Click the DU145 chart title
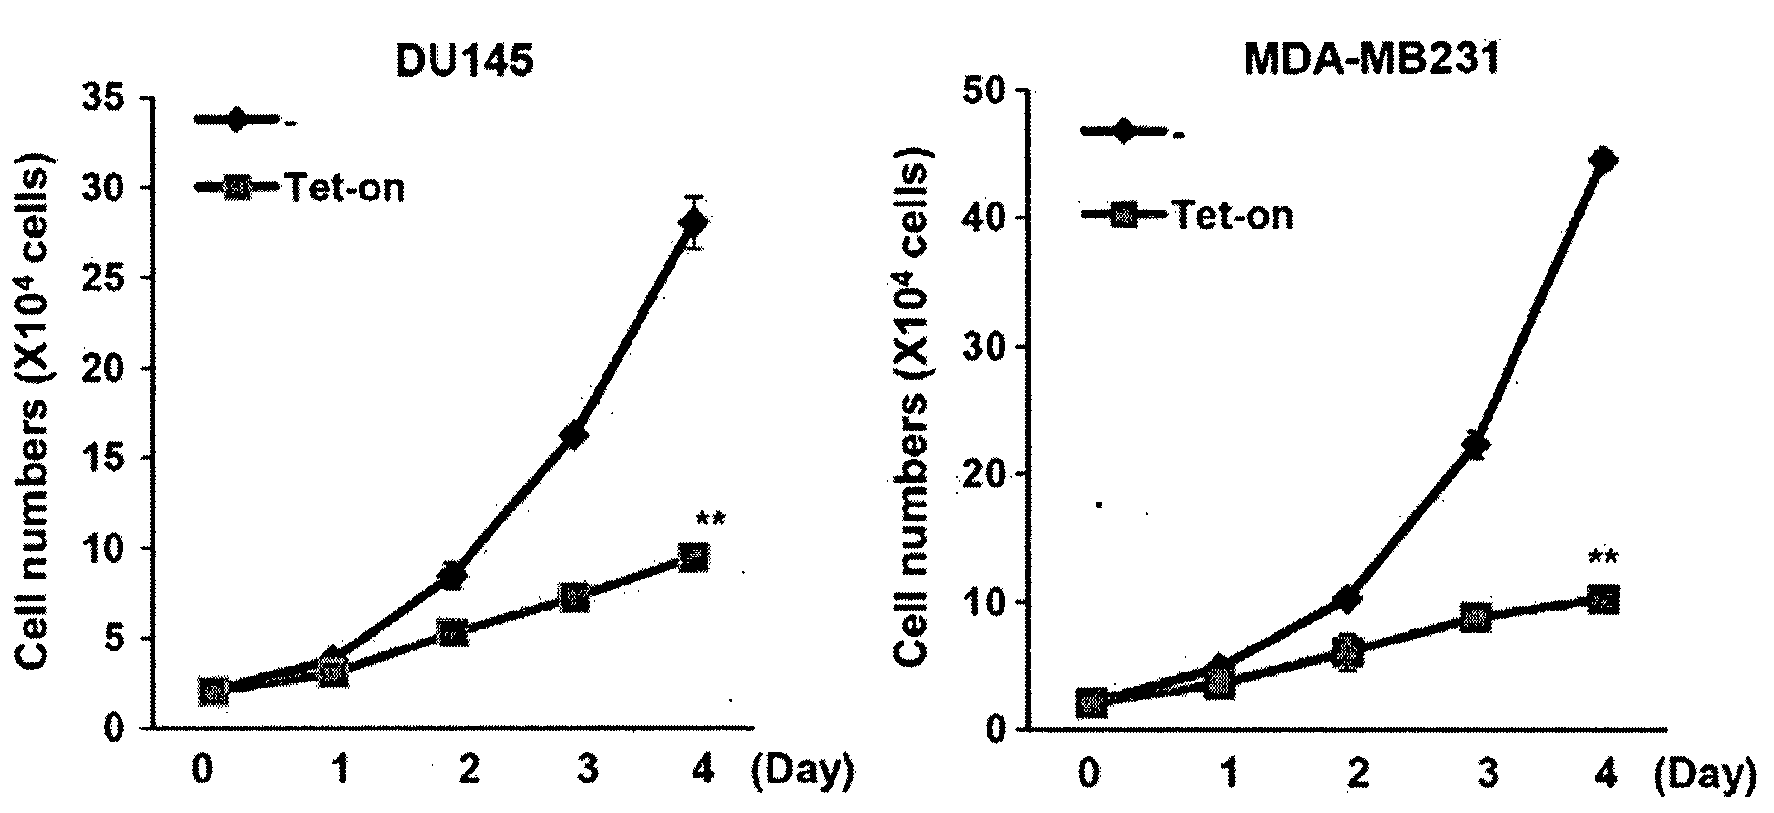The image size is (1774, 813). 465,62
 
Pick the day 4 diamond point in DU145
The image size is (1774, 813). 693,222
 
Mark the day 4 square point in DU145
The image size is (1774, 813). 693,557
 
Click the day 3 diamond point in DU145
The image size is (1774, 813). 574,435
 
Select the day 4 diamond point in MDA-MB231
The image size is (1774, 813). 1602,160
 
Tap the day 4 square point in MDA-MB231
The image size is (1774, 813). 1602,599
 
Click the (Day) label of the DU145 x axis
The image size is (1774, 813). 801,770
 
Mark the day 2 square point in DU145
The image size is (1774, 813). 453,633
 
